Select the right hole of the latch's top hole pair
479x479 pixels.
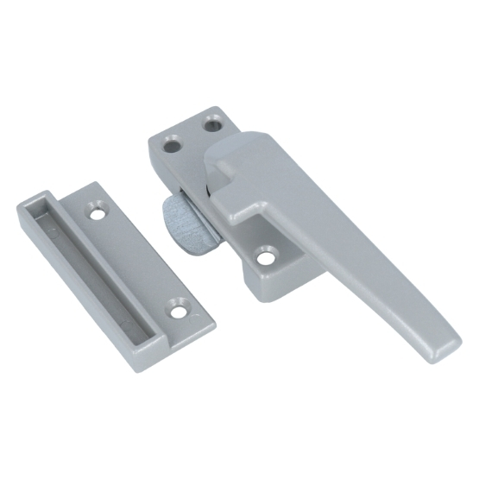click(211, 126)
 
